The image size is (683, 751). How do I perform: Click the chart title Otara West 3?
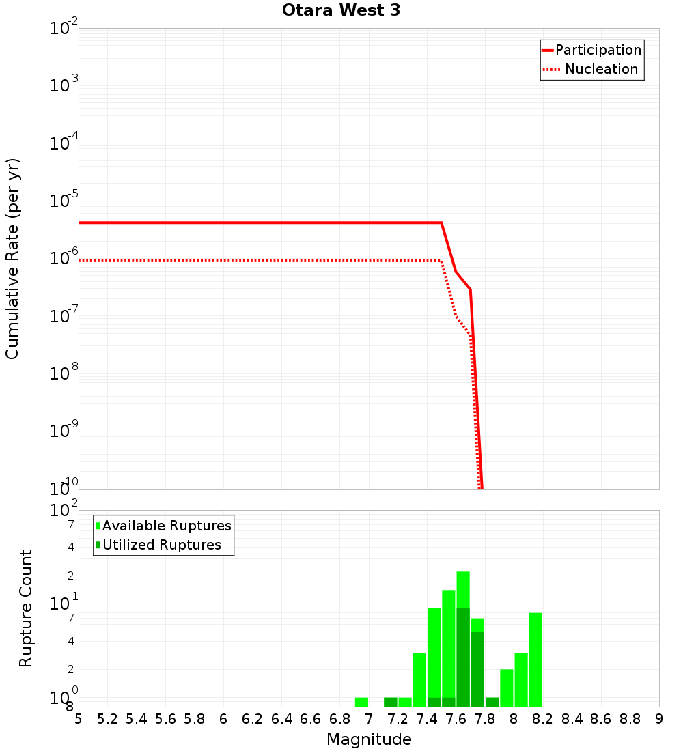coord(341,11)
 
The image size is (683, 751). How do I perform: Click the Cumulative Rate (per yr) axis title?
coord(12,259)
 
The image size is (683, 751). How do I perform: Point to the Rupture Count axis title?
coord(26,608)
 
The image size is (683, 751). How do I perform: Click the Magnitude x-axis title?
coord(369,739)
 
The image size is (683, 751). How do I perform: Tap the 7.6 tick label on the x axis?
coord(456,719)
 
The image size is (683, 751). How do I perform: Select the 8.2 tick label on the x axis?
coord(543,719)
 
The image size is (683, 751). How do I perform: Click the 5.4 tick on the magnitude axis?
coord(137,719)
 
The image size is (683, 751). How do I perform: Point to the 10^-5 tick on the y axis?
coord(64,201)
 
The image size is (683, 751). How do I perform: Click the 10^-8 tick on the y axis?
coord(64,373)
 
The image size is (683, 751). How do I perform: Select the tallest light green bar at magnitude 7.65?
coord(463,589)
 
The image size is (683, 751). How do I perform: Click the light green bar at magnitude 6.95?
coord(361,702)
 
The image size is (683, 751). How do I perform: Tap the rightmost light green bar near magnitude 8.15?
coord(535,660)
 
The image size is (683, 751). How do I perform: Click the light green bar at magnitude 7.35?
coord(419,679)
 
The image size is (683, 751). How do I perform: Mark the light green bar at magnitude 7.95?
coord(506,688)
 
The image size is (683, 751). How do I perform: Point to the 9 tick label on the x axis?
coord(658,719)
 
